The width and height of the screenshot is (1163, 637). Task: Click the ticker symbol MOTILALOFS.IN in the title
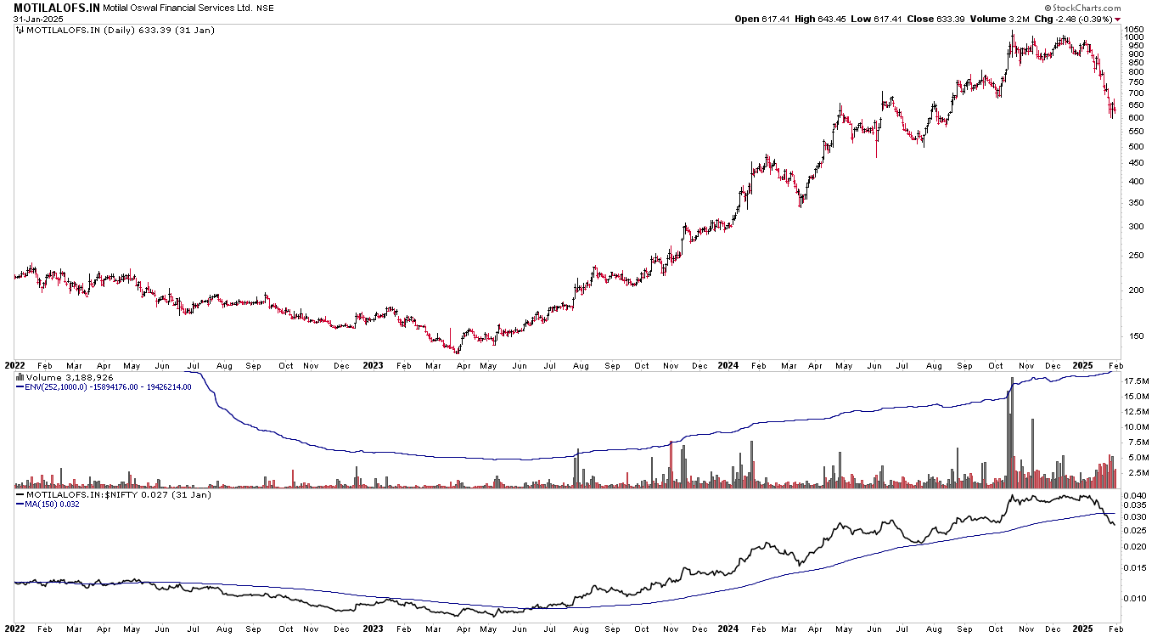pos(57,7)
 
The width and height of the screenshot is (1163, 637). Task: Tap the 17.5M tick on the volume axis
pos(1136,381)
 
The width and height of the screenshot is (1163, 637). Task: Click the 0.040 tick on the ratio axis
pos(1135,495)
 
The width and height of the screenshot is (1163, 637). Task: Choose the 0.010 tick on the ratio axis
pos(1135,598)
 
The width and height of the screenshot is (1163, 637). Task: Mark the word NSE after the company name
pos(265,8)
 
